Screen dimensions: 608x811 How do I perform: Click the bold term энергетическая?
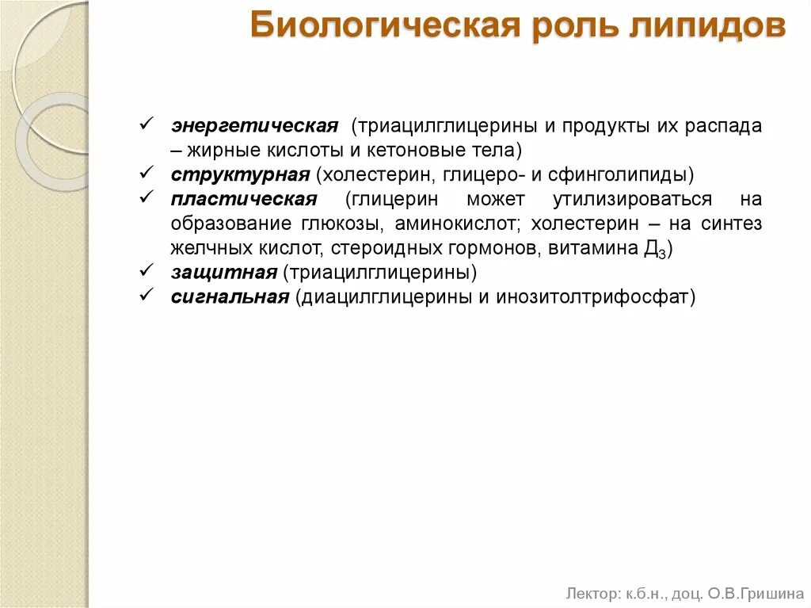254,127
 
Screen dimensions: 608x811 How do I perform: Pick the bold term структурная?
239,174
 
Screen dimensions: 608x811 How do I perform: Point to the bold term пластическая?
243,199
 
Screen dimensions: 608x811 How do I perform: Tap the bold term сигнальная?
229,297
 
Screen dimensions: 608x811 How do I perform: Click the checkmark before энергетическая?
146,125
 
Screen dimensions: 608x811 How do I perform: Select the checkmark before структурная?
146,173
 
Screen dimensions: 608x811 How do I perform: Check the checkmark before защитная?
146,272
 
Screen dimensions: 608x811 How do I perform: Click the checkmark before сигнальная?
146,296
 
